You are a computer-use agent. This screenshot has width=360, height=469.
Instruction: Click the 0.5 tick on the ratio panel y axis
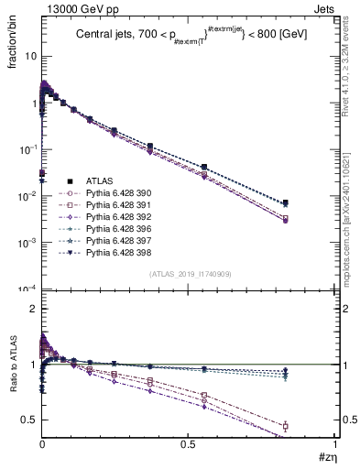[27, 420]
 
